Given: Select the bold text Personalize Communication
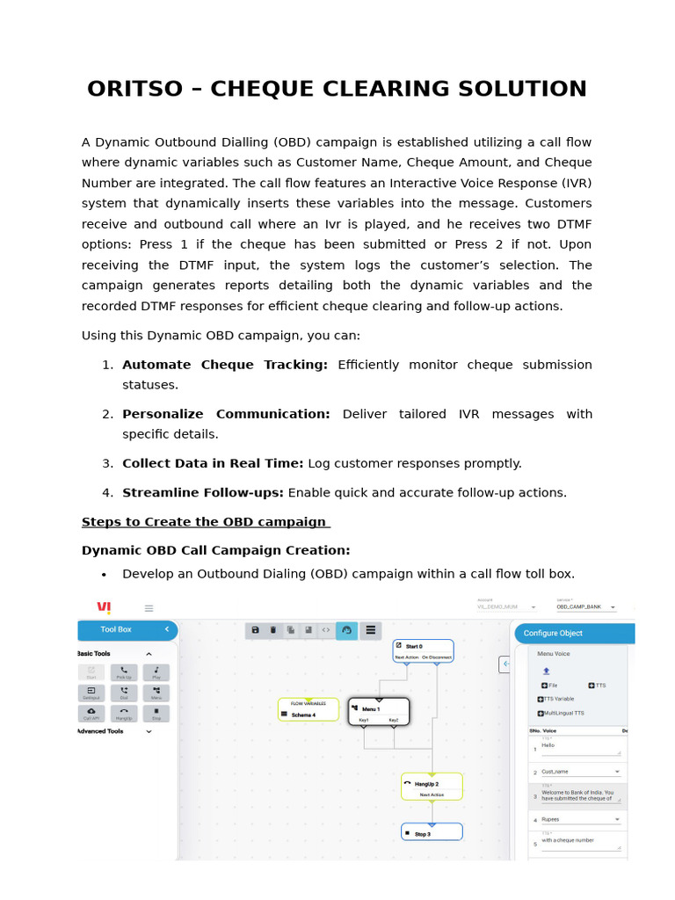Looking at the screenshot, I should pyautogui.click(x=226, y=414).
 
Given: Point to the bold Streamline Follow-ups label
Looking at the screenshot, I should pyautogui.click(x=203, y=492).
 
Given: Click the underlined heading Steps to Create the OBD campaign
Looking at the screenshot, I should pyautogui.click(x=206, y=522).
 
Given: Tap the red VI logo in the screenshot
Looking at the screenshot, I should pyautogui.click(x=105, y=607).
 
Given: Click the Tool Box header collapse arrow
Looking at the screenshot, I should pyautogui.click(x=167, y=629).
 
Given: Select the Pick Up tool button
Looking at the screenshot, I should pyautogui.click(x=123, y=672).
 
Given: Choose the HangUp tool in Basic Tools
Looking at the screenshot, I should pyautogui.click(x=123, y=713).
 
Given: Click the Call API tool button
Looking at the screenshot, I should pyautogui.click(x=91, y=713).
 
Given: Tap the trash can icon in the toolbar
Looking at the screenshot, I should pyautogui.click(x=272, y=629).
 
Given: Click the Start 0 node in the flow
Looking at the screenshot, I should pyautogui.click(x=423, y=650).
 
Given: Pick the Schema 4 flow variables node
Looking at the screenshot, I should pyautogui.click(x=308, y=710).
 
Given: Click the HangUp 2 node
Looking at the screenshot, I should pyautogui.click(x=432, y=787).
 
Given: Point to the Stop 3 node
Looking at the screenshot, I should pyautogui.click(x=432, y=832).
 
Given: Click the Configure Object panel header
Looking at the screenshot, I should pyautogui.click(x=572, y=633).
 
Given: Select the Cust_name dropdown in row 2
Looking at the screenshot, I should pyautogui.click(x=579, y=772).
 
